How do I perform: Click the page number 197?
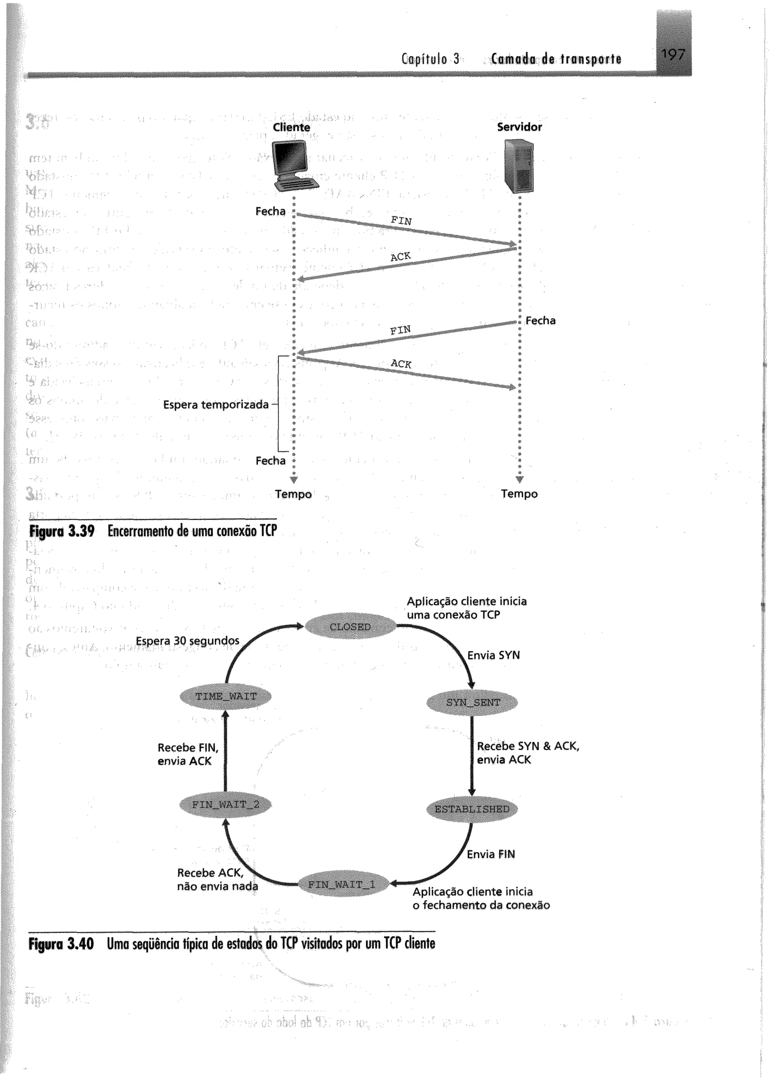(x=673, y=56)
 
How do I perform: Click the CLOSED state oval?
(x=350, y=627)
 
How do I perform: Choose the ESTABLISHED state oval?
(x=472, y=809)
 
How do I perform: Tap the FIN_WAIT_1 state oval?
(x=342, y=884)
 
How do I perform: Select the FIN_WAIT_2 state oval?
(x=226, y=804)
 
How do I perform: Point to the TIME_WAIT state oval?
(x=226, y=696)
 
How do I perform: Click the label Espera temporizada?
(x=216, y=404)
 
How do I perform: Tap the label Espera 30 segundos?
(x=187, y=640)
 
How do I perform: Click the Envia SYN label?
(x=493, y=655)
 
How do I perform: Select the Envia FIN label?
(x=490, y=854)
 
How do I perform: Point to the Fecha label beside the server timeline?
(x=540, y=321)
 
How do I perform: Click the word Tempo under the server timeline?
(x=519, y=494)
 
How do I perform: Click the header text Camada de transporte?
(x=556, y=59)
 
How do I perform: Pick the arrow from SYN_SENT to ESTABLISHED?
(x=472, y=756)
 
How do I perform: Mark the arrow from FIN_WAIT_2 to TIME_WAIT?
(x=225, y=751)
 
